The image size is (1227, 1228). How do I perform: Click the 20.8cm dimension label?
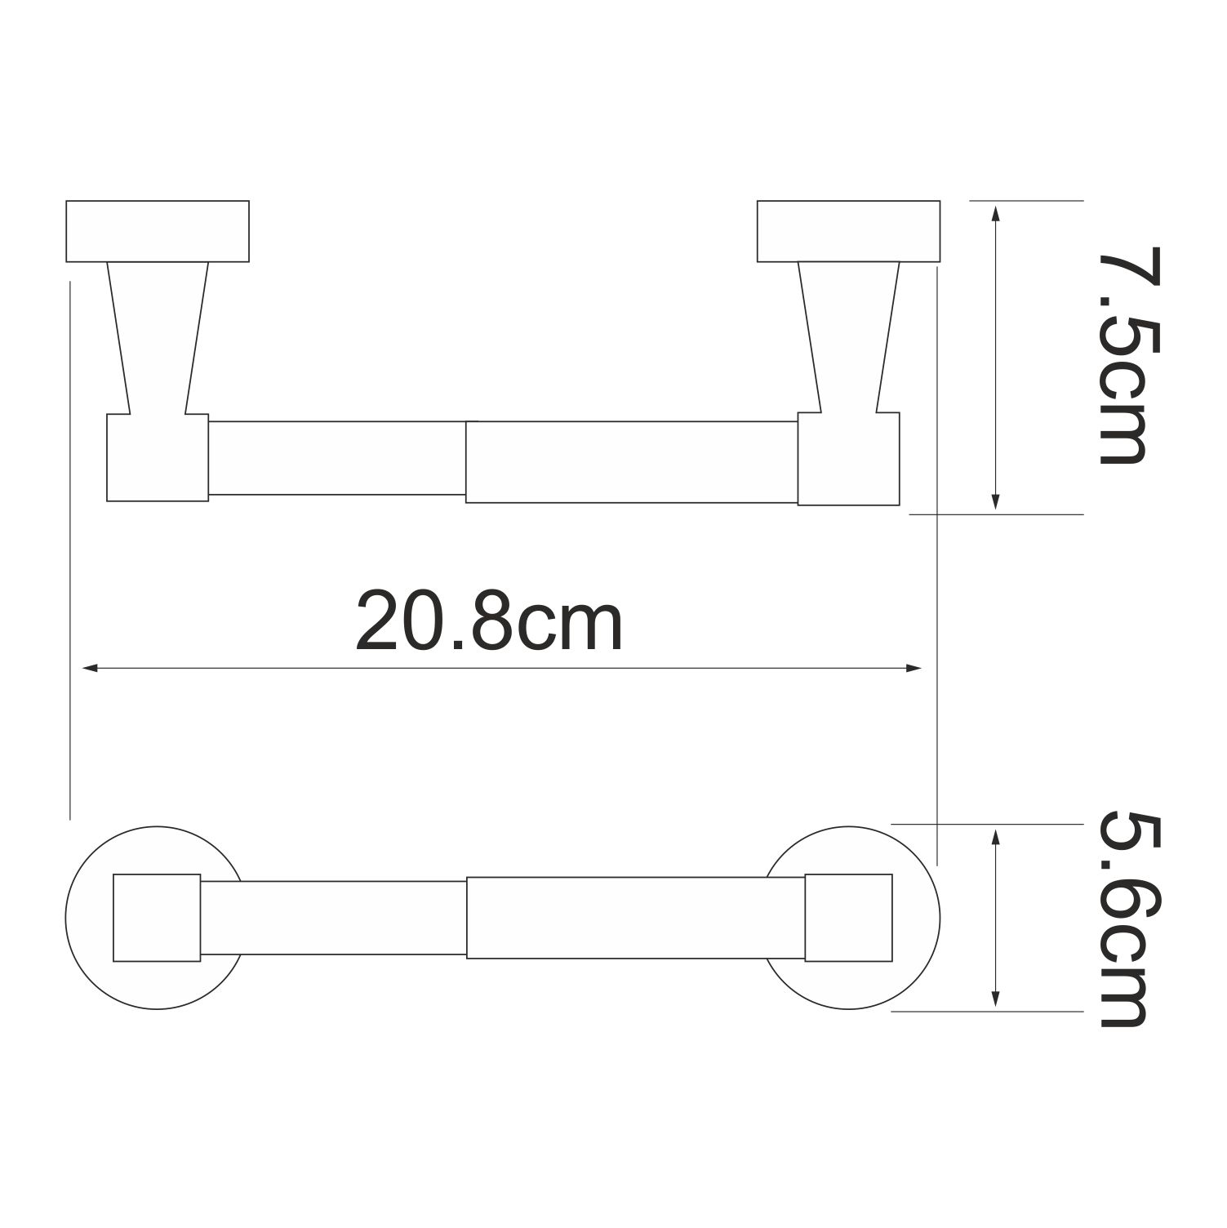pyautogui.click(x=489, y=624)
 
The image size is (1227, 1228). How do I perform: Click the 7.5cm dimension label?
pyautogui.click(x=1123, y=356)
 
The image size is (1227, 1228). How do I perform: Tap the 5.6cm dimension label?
pyautogui.click(x=1123, y=919)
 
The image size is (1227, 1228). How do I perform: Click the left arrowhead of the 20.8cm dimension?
pyautogui.click(x=91, y=668)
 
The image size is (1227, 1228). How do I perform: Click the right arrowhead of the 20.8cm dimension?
pyautogui.click(x=914, y=668)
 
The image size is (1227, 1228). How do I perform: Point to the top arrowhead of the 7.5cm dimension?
pyautogui.click(x=995, y=213)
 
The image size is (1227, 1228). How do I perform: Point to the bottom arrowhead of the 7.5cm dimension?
pyautogui.click(x=995, y=502)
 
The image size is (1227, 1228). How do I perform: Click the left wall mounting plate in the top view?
pyautogui.click(x=158, y=231)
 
